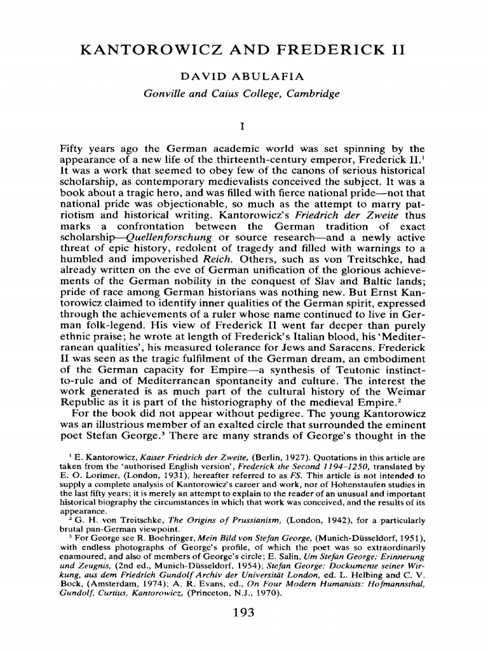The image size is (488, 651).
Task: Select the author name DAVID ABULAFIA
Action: (x=243, y=77)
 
